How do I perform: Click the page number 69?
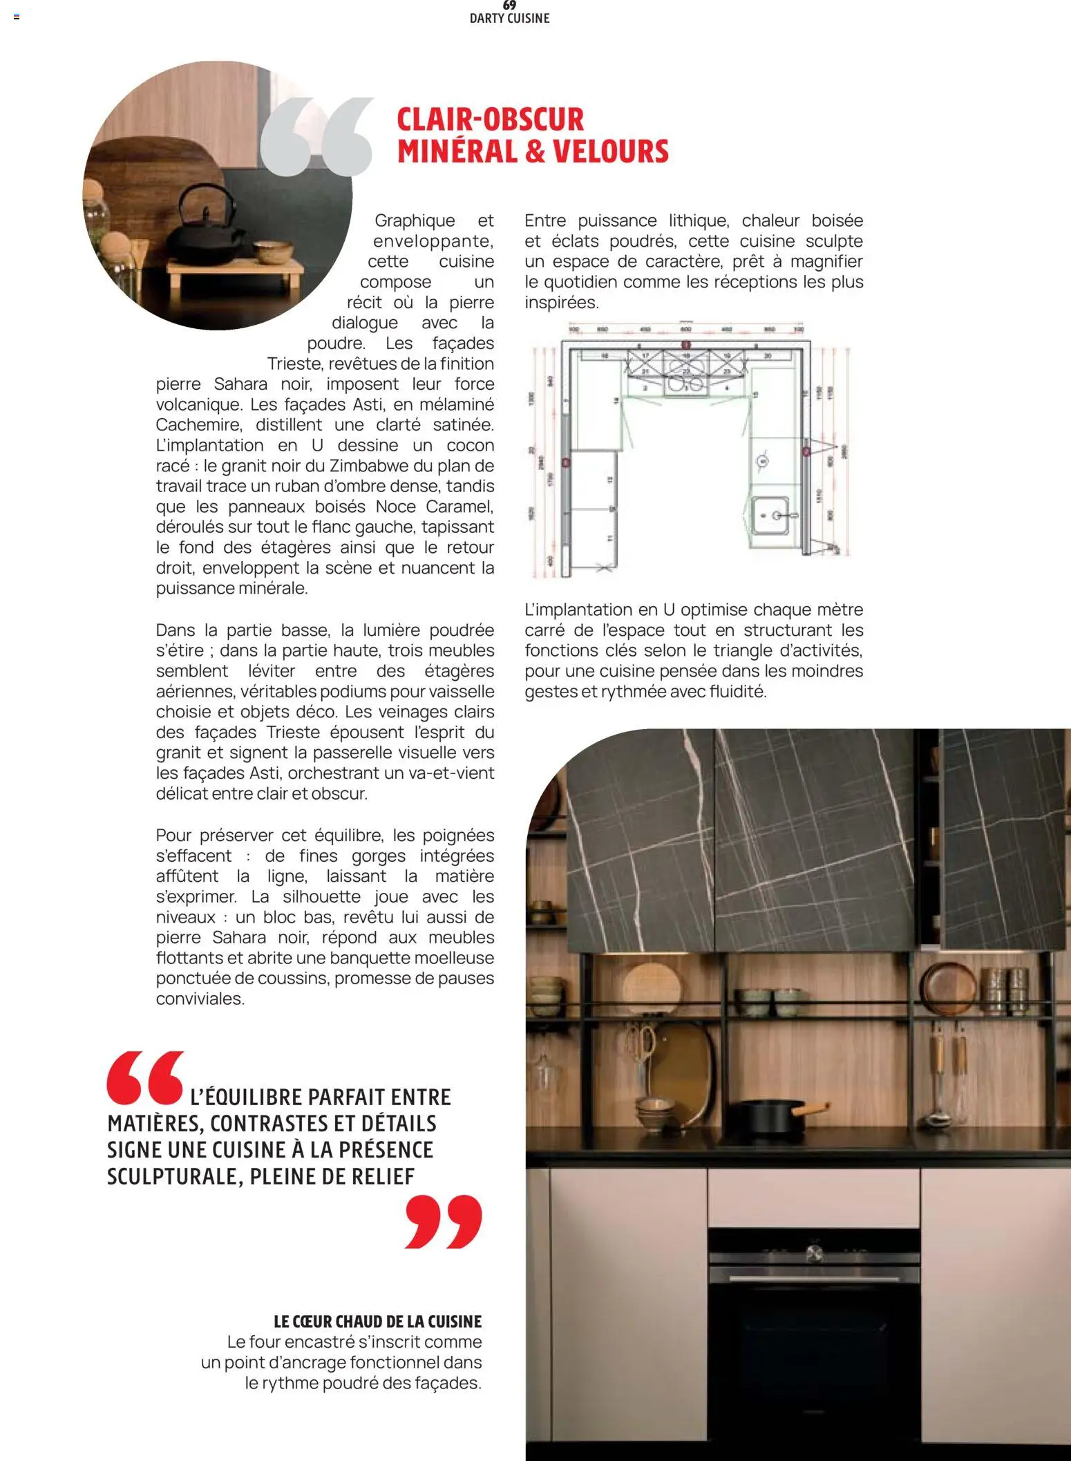pos(509,6)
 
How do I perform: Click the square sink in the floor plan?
pos(770,515)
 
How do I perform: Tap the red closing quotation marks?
pos(443,1221)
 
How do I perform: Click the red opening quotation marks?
pos(146,1077)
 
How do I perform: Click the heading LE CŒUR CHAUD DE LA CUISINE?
pos(377,1321)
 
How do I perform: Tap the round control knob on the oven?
pos(814,1251)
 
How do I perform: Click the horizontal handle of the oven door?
pos(813,1280)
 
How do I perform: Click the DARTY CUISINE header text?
pos(509,19)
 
